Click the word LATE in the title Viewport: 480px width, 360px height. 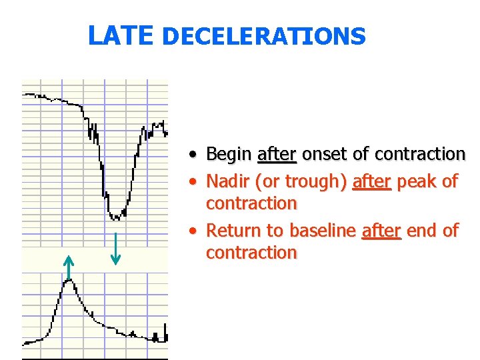coord(121,35)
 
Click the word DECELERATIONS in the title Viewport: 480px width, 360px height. coord(263,36)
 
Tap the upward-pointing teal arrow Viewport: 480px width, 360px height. coord(68,267)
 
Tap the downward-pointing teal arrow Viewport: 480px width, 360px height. coord(116,248)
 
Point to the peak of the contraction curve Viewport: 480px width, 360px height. coord(69,281)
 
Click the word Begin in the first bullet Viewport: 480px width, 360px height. coord(229,155)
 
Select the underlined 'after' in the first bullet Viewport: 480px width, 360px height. coord(277,155)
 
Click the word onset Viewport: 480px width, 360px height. coord(325,155)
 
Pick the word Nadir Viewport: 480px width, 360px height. coord(228,181)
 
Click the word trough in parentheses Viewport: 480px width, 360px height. coord(315,181)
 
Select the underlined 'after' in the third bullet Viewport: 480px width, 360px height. coord(381,231)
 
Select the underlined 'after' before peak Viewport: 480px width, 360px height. coord(371,181)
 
